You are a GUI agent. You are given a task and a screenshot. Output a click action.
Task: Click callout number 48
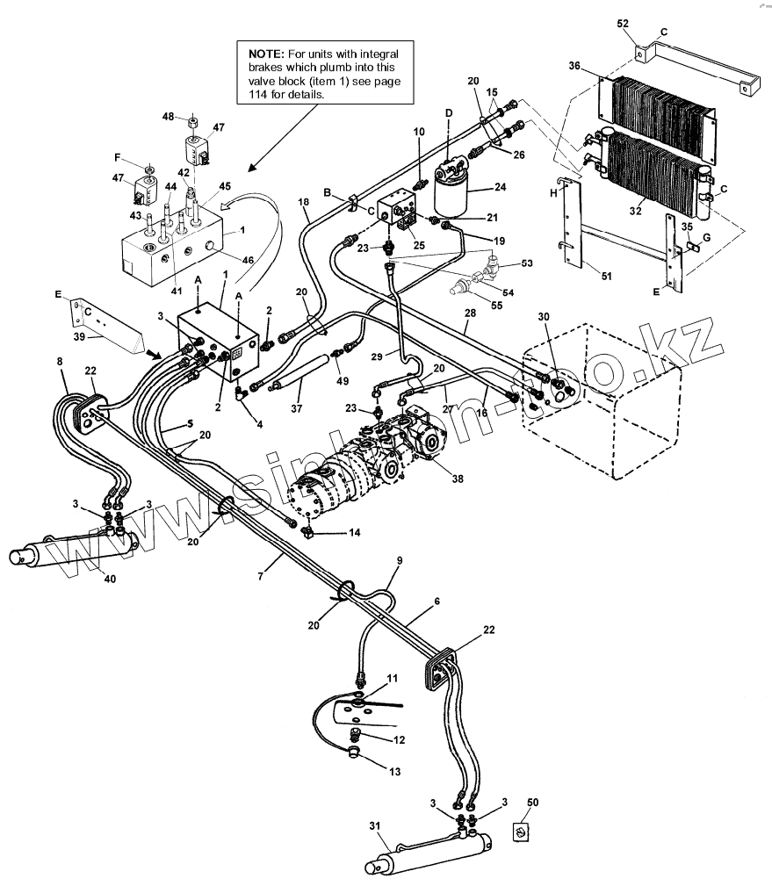pyautogui.click(x=169, y=117)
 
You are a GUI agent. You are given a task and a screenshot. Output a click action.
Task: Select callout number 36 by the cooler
pyautogui.click(x=574, y=67)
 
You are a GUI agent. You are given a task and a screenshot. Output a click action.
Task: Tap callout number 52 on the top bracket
pyautogui.click(x=624, y=24)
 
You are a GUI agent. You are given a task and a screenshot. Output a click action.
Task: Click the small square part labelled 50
pyautogui.click(x=522, y=832)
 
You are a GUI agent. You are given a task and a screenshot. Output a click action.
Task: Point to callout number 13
pyautogui.click(x=394, y=772)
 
